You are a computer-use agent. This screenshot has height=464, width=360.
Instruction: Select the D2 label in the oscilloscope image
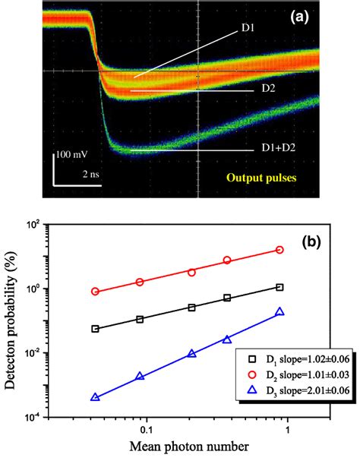coord(270,90)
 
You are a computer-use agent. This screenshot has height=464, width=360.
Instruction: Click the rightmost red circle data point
coord(280,250)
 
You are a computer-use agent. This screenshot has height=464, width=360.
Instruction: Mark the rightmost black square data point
coord(280,287)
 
